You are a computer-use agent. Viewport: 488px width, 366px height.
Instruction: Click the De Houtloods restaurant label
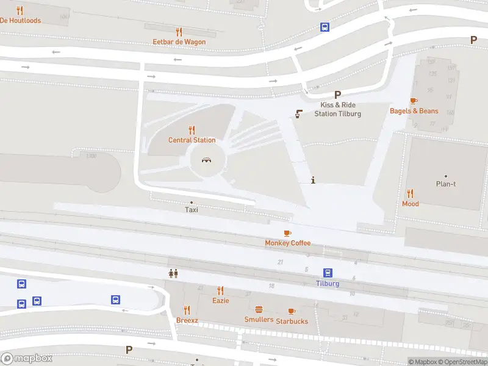[20, 21]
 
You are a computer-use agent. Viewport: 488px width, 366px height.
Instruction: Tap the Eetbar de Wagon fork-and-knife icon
[179, 32]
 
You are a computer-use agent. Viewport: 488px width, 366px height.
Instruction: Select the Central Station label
[192, 140]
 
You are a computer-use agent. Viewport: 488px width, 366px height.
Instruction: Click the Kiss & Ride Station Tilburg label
[337, 109]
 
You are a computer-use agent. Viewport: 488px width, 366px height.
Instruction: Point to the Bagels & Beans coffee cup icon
[414, 101]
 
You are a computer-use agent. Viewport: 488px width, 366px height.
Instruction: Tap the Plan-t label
[445, 184]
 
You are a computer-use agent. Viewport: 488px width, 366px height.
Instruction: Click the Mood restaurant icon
[411, 193]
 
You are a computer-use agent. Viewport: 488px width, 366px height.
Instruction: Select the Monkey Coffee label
[287, 243]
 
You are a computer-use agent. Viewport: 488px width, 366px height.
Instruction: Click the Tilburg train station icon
[328, 273]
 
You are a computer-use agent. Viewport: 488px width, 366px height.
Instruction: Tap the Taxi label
[192, 210]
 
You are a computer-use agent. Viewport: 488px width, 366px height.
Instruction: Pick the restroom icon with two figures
[173, 274]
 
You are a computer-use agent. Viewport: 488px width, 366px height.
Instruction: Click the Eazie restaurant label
[220, 301]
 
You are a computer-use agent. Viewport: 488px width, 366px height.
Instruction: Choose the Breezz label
[187, 320]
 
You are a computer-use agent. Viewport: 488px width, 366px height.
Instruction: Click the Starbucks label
[292, 321]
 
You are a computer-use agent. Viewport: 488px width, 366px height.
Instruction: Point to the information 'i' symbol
[313, 180]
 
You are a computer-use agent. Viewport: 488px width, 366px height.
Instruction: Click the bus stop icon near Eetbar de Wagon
[325, 27]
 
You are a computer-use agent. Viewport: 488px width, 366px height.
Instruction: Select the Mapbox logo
[27, 359]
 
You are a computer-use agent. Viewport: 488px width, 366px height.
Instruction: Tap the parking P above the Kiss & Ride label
[337, 95]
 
